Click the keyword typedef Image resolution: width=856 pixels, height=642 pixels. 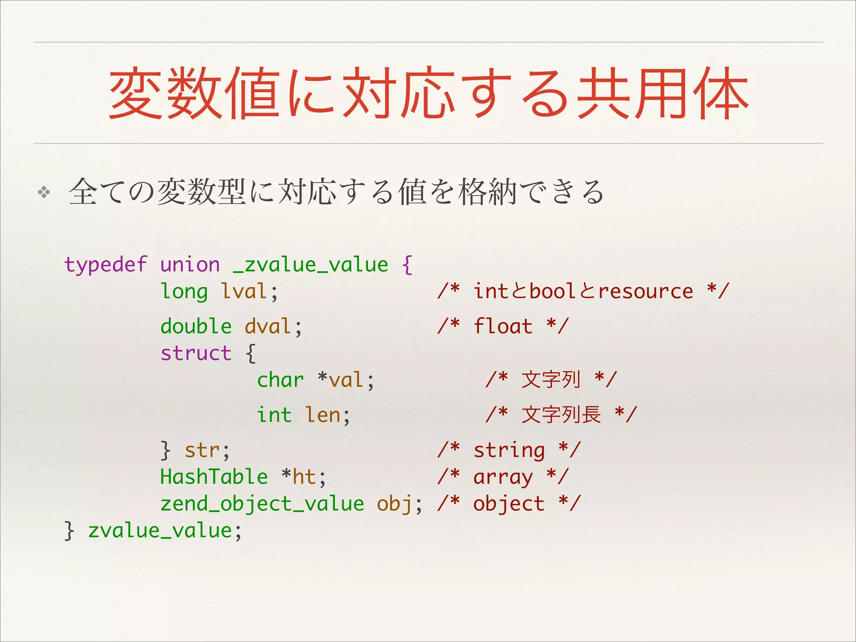105,265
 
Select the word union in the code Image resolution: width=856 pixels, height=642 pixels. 190,265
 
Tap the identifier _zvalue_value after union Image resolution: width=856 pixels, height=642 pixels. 311,265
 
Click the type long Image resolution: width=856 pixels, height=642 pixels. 184,292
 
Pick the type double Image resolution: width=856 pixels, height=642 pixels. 196,326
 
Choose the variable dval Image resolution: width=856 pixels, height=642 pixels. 268,326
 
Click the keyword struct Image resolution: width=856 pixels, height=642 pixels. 196,354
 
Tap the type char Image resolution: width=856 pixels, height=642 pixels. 280,380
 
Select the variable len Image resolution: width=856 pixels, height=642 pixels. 323,415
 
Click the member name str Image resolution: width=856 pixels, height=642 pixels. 202,451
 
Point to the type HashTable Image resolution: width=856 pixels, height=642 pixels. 214,477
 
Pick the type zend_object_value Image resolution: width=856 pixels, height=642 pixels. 262,504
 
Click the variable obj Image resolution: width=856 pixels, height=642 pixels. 395,504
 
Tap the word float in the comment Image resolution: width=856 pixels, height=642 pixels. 503,326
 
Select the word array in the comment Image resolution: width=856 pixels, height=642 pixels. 503,477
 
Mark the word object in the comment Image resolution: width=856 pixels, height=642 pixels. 509,504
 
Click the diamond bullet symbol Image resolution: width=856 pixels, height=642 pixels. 44,193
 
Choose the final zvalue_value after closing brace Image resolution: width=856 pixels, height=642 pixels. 160,531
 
